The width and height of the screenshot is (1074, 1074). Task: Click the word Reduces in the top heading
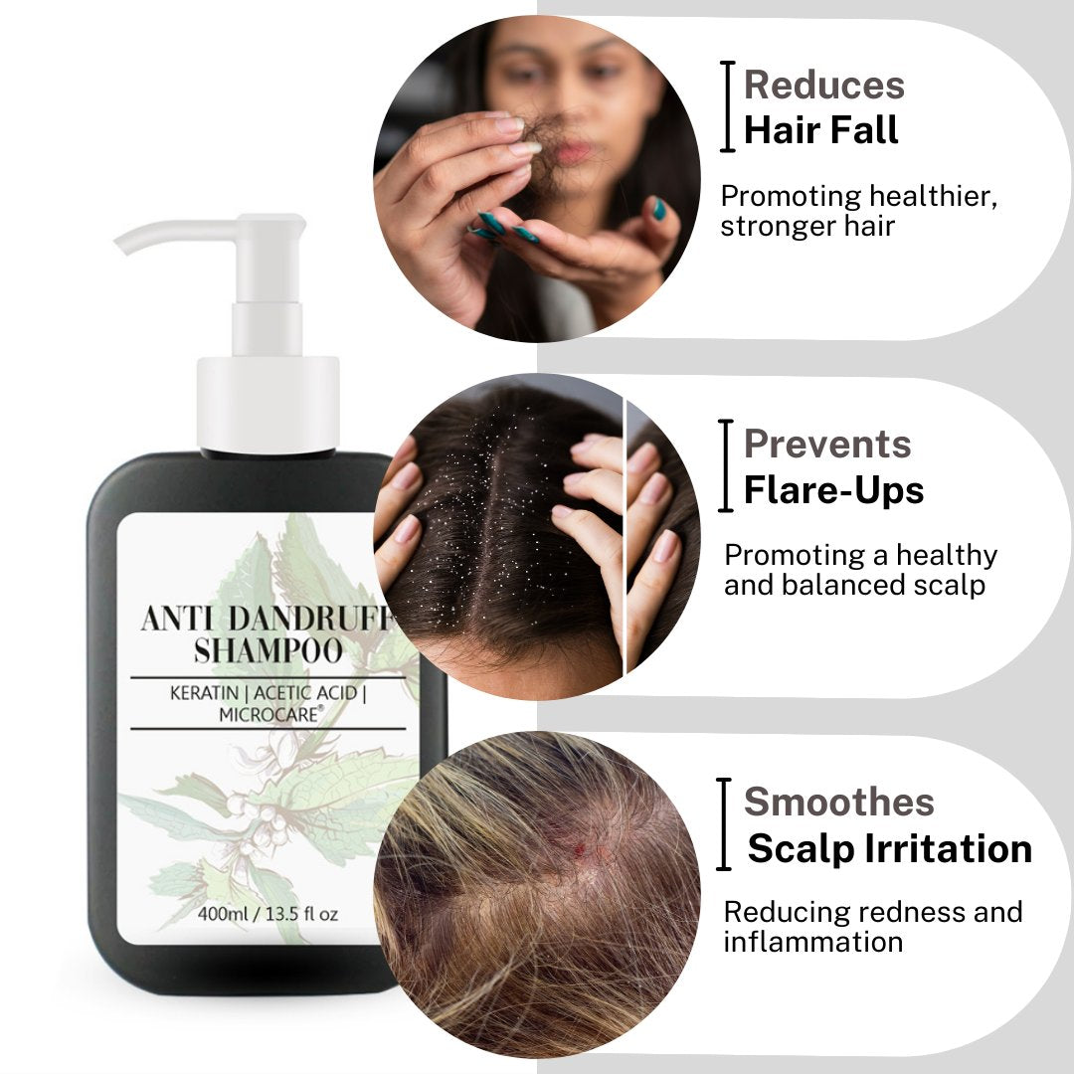point(824,85)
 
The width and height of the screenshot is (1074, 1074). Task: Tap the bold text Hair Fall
point(820,130)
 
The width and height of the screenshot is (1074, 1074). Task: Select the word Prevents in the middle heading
point(827,444)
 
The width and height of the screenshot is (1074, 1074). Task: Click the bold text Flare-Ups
point(833,490)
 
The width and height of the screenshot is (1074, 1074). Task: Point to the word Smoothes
point(839,803)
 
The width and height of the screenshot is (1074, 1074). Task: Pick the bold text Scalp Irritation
point(890,848)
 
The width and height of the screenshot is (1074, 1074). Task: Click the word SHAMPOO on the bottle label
point(268,650)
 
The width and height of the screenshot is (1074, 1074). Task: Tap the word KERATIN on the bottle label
point(204,693)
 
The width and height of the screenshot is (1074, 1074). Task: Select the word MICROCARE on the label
point(269,714)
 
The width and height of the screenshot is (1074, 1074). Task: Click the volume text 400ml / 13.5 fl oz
point(268,914)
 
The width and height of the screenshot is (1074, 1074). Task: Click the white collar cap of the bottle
point(268,404)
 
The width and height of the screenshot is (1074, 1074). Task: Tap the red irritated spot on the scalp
point(582,850)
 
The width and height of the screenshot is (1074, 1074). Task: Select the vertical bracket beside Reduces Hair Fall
point(727,106)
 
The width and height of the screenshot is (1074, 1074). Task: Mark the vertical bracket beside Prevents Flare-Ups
point(726,465)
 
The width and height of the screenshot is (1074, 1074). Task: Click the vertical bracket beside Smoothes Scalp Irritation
point(724,824)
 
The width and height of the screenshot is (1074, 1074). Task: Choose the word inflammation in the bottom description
point(813,942)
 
